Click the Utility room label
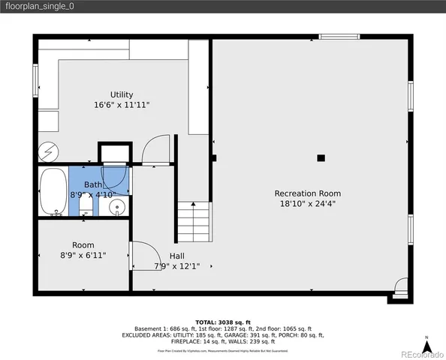(122, 94)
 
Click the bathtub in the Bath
(53, 192)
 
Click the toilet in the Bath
(86, 205)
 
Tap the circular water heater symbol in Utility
(48, 152)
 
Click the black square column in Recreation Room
(321, 157)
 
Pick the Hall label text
(176, 256)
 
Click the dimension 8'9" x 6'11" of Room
(83, 255)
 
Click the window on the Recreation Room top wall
(339, 36)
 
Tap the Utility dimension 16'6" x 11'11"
(122, 105)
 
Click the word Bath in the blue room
(93, 184)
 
